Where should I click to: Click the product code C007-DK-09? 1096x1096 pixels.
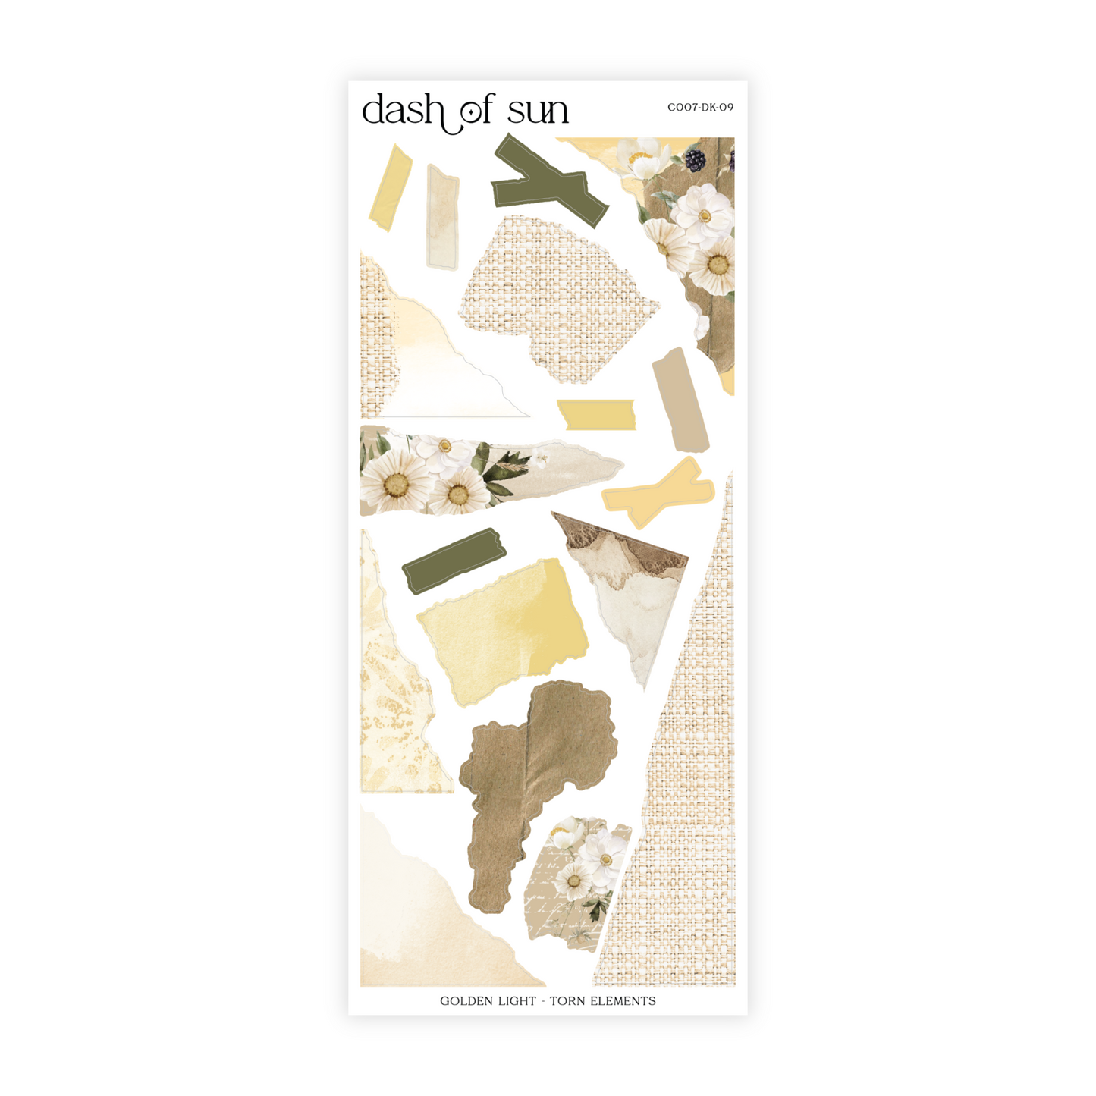700,108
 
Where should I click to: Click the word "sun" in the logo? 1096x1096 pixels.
538,112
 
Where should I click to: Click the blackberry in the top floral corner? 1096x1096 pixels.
695,160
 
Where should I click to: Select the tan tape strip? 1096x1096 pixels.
680,400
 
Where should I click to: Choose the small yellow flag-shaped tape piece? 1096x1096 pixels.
596,414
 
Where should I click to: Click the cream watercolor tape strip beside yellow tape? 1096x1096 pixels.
443,217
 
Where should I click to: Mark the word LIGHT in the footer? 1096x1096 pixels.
517,1001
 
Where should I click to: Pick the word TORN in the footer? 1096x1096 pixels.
567,1001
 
